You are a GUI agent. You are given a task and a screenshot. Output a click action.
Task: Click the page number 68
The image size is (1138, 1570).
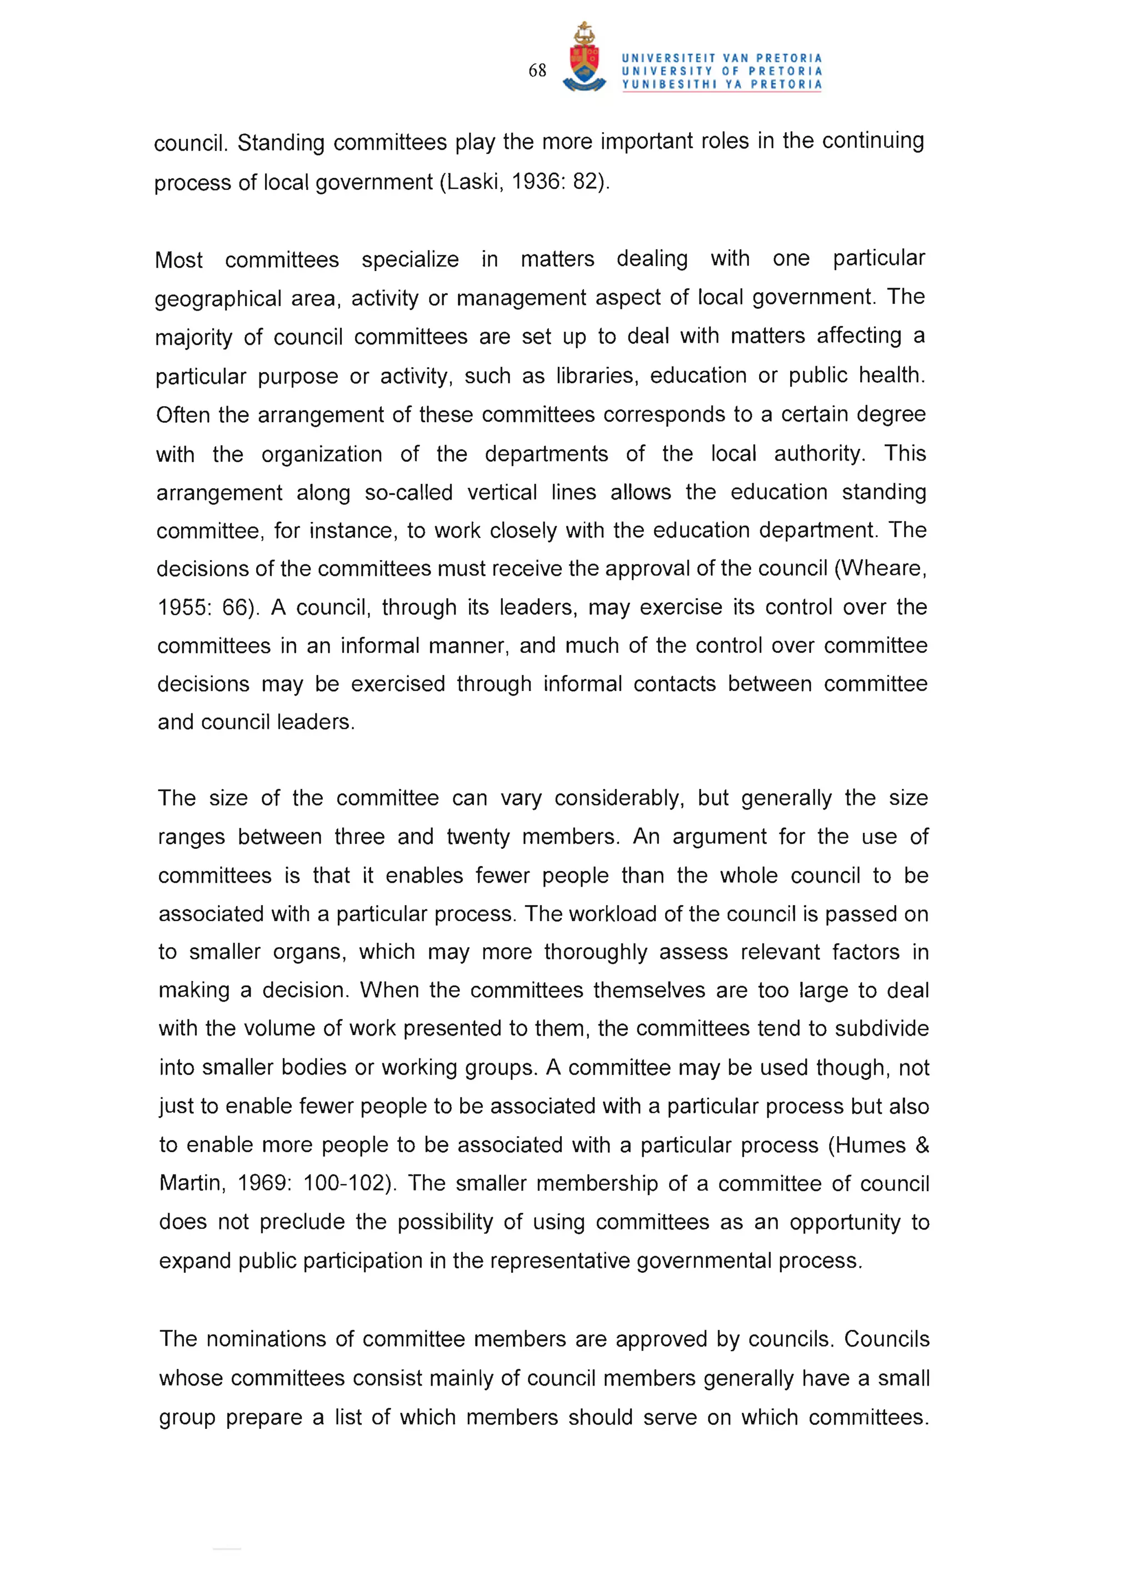point(537,71)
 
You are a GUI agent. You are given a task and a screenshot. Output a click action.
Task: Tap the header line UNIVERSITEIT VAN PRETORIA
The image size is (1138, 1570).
point(721,58)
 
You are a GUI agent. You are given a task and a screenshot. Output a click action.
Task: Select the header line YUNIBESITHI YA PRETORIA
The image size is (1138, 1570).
point(721,84)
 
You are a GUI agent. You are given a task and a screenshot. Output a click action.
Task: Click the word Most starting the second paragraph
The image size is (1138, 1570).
point(178,261)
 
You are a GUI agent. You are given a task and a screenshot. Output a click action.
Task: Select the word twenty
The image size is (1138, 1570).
point(478,837)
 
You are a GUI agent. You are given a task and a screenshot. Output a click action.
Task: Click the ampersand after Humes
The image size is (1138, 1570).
point(921,1145)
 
